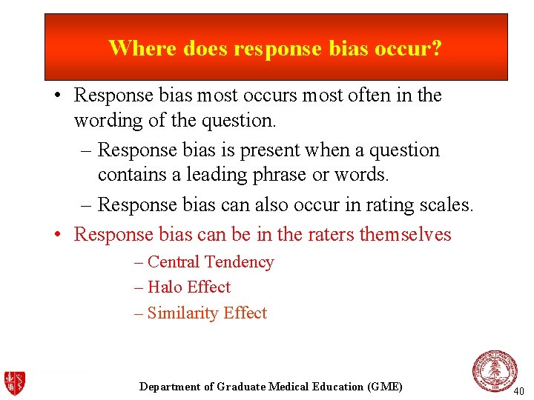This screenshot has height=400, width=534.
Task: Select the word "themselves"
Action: point(405,234)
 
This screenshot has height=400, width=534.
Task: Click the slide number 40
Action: point(518,390)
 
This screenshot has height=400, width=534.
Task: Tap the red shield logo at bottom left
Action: point(15,383)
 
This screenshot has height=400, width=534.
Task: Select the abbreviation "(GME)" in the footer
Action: point(384,387)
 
